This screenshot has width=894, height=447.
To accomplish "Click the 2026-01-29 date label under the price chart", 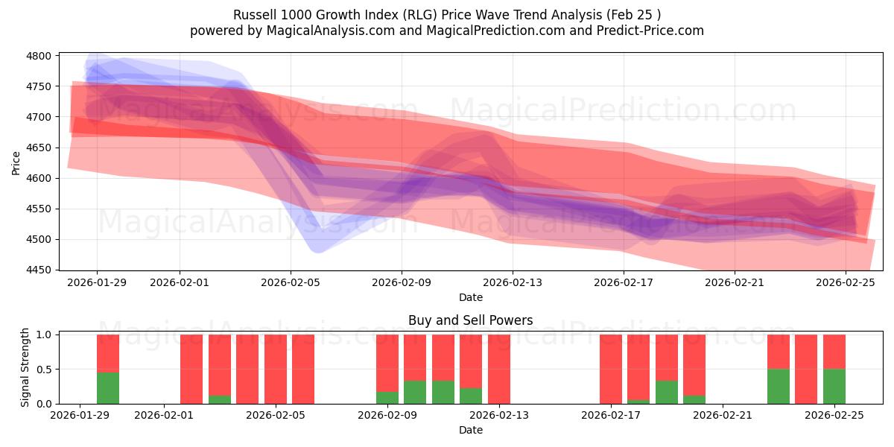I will [x=96, y=283].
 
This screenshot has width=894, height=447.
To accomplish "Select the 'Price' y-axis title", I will [x=16, y=162].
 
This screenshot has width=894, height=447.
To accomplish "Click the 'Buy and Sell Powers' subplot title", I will [x=470, y=320].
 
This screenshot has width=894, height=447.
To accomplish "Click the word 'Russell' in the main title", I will [x=254, y=15].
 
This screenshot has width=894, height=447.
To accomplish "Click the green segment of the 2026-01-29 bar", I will [x=108, y=387].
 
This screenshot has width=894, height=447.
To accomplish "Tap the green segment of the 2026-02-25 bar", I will [x=834, y=386].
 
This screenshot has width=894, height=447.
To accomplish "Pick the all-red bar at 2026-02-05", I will [x=276, y=369].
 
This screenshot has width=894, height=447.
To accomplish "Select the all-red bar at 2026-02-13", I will [x=499, y=369].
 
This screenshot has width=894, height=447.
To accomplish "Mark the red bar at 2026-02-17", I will [x=611, y=369].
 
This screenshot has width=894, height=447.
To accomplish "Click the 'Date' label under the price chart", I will [x=470, y=297].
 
